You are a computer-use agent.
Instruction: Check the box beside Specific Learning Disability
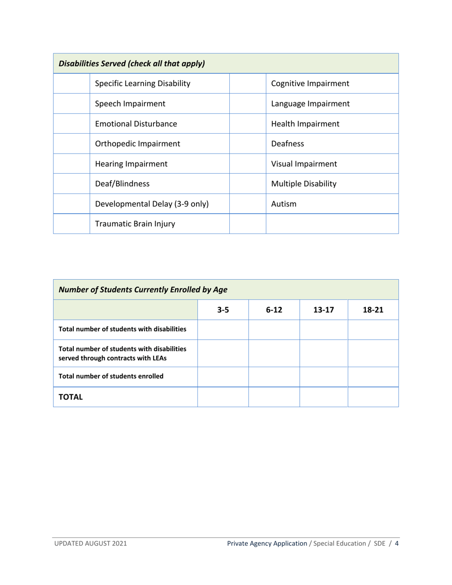click(71, 84)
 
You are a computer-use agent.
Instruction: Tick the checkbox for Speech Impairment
click(71, 104)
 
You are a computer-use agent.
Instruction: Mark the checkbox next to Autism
click(247, 204)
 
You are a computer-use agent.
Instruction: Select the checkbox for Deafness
click(247, 144)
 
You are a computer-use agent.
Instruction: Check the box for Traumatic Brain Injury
click(71, 224)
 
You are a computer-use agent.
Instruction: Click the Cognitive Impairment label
click(302, 84)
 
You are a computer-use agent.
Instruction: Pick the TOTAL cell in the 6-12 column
click(274, 397)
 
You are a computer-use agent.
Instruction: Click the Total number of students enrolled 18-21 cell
click(373, 377)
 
